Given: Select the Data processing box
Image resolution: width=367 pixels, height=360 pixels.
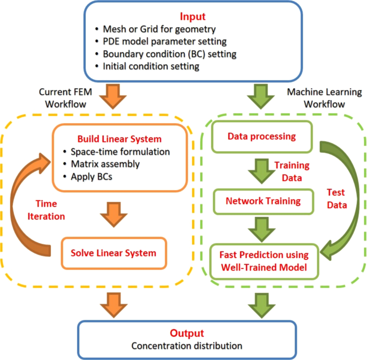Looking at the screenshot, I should [261, 136].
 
